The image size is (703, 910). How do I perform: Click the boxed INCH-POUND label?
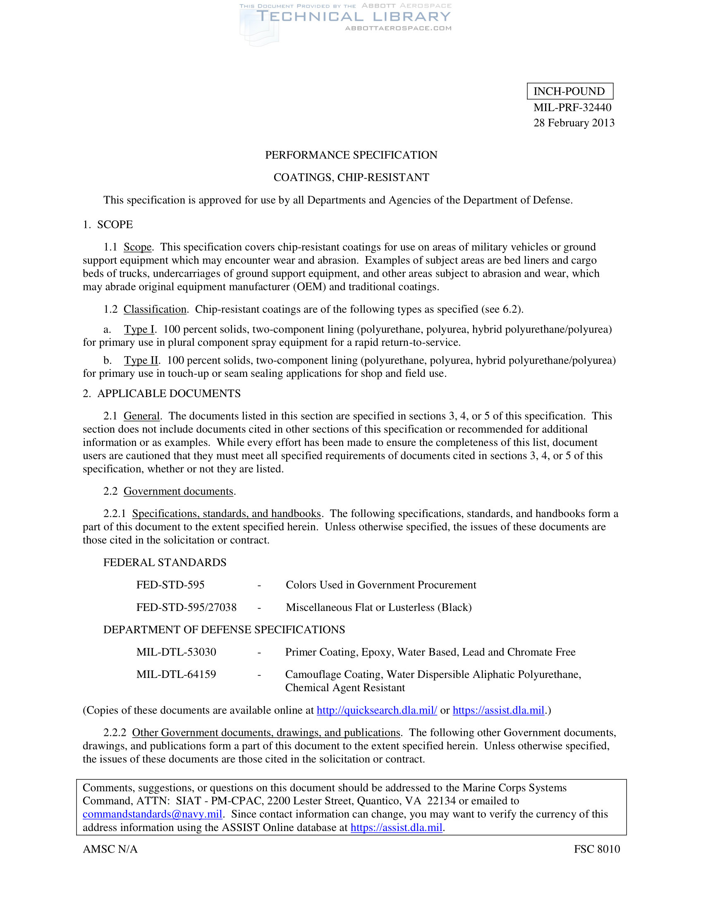click(569, 91)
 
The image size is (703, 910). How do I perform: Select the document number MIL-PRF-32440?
click(572, 108)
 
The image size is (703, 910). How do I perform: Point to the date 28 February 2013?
click(574, 123)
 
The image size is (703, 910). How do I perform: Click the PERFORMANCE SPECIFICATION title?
click(351, 155)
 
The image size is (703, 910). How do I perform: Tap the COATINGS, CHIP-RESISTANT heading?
click(351, 177)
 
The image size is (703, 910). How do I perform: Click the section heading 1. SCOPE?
click(108, 225)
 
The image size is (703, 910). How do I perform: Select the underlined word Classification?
click(155, 309)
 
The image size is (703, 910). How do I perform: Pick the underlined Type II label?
click(141, 360)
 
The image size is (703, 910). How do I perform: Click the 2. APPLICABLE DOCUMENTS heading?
click(162, 394)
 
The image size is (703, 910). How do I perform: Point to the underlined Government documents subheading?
click(178, 491)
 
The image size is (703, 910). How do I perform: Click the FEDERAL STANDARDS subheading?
click(165, 563)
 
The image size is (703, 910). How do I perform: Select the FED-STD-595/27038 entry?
click(186, 608)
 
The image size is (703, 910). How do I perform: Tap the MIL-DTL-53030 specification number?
click(176, 652)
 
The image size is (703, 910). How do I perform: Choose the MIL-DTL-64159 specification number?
click(176, 675)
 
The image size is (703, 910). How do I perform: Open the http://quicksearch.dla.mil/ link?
click(377, 710)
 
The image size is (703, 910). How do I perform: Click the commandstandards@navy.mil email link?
click(153, 814)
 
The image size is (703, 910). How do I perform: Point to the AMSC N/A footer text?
click(110, 849)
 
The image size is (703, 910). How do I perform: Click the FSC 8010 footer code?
click(597, 849)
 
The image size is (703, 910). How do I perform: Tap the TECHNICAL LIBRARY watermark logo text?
click(354, 17)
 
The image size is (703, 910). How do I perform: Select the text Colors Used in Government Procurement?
click(380, 585)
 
